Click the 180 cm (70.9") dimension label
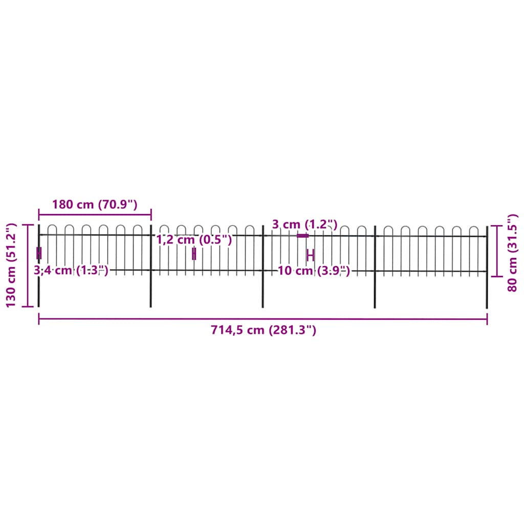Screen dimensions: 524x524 95,205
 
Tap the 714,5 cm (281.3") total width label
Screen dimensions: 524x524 263,330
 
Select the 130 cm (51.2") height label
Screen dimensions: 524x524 11,265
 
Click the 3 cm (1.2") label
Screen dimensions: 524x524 304,224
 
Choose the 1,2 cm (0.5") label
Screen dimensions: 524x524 194,239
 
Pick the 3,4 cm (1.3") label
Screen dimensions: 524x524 71,270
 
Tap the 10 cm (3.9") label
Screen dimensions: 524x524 314,271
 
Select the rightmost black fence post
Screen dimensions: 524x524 487,292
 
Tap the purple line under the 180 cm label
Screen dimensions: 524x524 95,215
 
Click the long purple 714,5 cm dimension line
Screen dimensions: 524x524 263,319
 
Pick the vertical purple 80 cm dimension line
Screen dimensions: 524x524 496,251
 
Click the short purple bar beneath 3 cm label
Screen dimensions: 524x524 303,235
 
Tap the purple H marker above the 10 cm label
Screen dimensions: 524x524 310,255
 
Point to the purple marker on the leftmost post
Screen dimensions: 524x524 39,253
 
